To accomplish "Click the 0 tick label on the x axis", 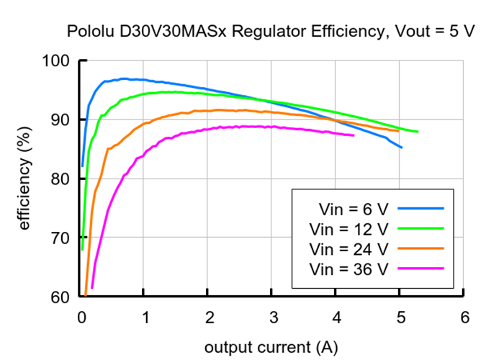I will point(81,317).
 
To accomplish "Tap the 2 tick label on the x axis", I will point(209,317).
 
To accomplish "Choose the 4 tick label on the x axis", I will point(336,317).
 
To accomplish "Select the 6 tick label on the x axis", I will point(464,317).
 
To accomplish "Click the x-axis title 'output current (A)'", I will point(271,347).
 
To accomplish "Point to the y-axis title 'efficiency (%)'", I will point(25,179).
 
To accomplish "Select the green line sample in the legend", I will point(420,229).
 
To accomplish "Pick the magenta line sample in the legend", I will point(420,269).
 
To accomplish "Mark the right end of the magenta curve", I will point(354,135).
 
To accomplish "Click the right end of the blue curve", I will point(401,148).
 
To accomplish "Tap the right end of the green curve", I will point(417,132).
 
